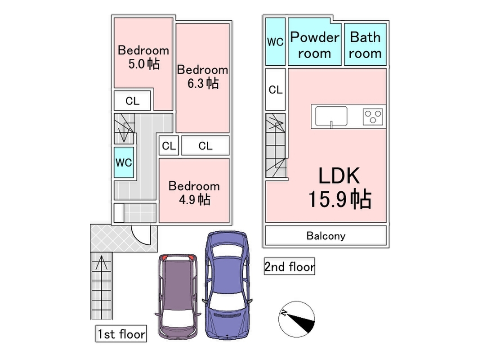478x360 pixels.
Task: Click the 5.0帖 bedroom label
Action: [143, 57]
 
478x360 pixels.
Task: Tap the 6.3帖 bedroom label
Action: [202, 76]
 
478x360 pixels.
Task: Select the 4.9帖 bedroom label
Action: [194, 193]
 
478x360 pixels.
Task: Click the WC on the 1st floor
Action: [123, 162]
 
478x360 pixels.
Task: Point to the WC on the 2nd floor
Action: [275, 41]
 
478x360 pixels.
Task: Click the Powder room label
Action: [314, 45]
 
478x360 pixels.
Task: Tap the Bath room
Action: [365, 45]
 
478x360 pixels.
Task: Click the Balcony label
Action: [326, 235]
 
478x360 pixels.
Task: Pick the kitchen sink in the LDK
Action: [331, 117]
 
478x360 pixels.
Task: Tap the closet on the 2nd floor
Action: [275, 90]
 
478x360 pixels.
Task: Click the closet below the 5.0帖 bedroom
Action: [133, 101]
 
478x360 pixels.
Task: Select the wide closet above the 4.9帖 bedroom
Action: [205, 146]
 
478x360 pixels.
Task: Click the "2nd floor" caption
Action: [289, 266]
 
